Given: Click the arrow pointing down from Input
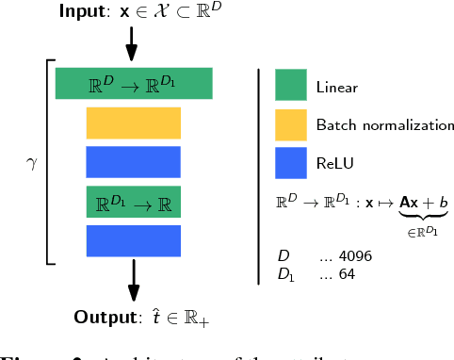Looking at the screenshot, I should click(x=131, y=41).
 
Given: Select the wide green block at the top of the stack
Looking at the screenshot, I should click(x=134, y=83).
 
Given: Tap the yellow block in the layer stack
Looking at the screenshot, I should click(x=133, y=123).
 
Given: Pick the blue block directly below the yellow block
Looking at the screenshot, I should click(x=133, y=162).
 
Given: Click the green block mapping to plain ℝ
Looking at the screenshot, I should click(x=133, y=202).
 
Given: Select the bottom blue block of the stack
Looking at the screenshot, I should click(x=133, y=241).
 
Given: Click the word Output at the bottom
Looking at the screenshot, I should click(x=103, y=316).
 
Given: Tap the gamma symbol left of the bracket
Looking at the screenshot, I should click(x=28, y=162).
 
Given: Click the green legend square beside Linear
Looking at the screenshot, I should click(x=291, y=85).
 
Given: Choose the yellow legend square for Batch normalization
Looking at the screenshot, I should click(x=291, y=123).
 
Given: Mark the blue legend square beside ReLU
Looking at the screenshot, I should click(x=291, y=163).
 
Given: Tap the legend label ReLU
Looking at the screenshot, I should click(x=333, y=164).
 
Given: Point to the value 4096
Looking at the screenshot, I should click(x=353, y=256).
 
